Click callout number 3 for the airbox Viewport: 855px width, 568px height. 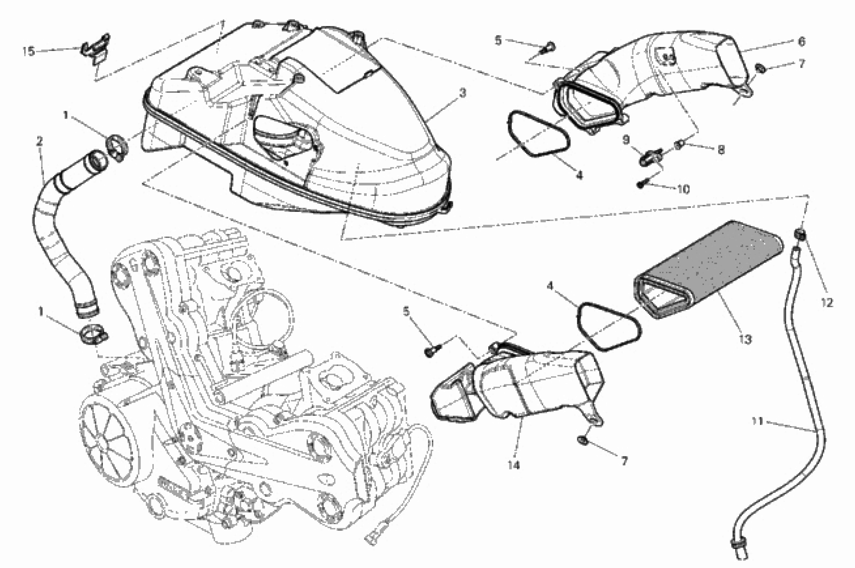(462, 93)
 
